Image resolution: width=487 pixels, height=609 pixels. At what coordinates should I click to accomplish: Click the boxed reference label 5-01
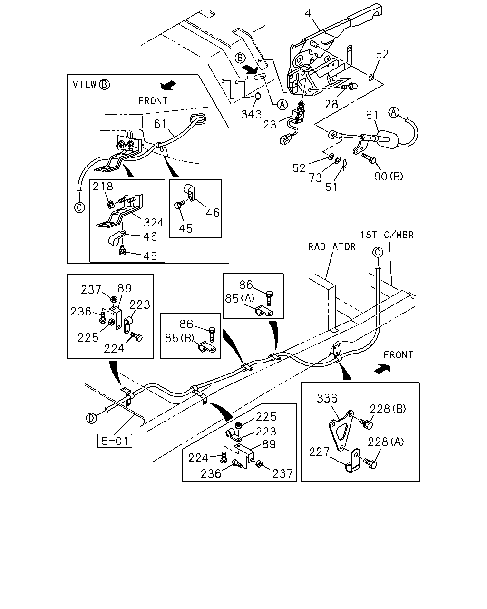pos(114,441)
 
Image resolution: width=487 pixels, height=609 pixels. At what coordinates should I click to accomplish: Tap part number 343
pos(251,115)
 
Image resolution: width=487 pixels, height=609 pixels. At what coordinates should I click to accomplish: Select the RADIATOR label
pos(331,247)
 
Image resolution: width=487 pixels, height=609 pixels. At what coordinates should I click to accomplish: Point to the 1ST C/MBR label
pos(387,235)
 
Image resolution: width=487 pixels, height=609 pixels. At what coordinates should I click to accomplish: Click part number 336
pos(327,398)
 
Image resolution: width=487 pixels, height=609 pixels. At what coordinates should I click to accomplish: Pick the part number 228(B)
pos(388,409)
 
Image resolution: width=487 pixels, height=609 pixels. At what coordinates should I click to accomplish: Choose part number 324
pos(154,223)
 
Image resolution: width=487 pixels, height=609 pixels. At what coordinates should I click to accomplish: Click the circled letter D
pos(91,418)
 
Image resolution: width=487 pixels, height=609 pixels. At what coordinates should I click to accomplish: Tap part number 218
pos(103,186)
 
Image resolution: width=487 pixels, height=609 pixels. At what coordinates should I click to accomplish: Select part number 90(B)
pos(389,177)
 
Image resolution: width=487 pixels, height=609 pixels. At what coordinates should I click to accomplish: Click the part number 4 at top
pos(308,13)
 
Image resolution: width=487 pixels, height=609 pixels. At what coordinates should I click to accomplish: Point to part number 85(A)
pos(240,298)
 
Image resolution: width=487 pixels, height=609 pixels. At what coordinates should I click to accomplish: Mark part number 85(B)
pos(179,338)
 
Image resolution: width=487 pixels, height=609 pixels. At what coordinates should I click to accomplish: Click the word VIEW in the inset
pos(85,84)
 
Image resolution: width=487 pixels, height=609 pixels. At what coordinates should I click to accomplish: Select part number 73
pos(315,178)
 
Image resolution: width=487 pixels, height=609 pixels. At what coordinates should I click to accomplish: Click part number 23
pos(270,125)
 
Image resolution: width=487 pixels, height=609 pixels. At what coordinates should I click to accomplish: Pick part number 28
pos(331,105)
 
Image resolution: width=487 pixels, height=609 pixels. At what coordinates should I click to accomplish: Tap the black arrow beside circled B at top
pos(251,69)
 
